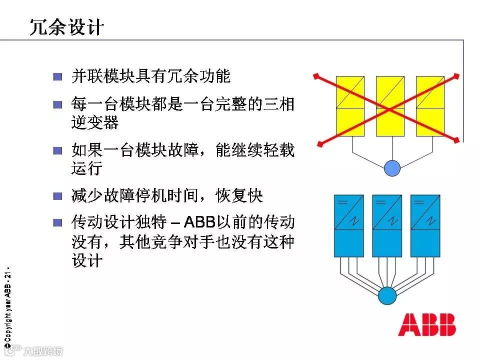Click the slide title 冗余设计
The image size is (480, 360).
click(66, 27)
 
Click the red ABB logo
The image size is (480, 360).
click(427, 324)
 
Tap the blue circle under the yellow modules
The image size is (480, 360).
click(392, 168)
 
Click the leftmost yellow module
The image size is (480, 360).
click(350, 106)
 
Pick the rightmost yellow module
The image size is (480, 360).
click(430, 106)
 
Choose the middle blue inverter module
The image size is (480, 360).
click(387, 225)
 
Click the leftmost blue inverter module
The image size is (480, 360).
click(349, 225)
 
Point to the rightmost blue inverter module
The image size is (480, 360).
click(425, 225)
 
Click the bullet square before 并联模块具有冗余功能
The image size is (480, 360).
click(58, 77)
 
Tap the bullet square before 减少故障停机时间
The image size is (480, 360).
click(58, 196)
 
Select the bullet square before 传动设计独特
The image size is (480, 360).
click(58, 222)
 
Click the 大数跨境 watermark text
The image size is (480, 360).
click(43, 351)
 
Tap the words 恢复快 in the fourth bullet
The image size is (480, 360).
click(247, 195)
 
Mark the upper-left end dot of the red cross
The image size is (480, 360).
click(315, 76)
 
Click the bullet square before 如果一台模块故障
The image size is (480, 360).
click(58, 150)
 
